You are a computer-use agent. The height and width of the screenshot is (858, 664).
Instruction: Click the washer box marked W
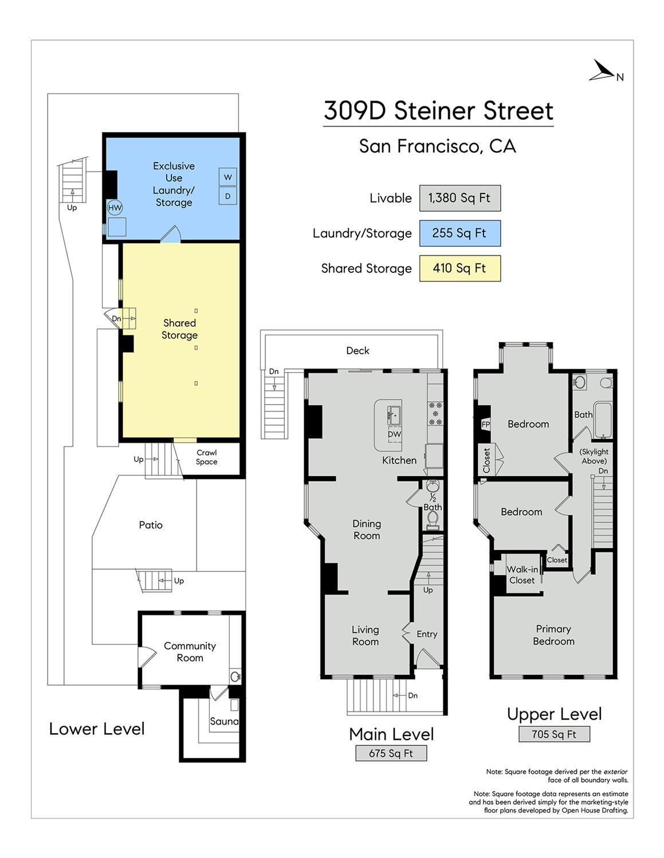tap(227, 177)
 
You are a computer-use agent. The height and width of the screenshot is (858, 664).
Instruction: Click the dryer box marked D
tap(227, 196)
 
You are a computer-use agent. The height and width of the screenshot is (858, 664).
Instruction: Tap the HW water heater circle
tap(115, 208)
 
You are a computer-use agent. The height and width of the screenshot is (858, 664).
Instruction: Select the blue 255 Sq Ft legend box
tap(459, 234)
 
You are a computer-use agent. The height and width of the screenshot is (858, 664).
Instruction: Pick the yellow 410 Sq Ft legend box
tap(459, 268)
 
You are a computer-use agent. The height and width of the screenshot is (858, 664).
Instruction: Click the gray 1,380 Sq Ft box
tap(459, 198)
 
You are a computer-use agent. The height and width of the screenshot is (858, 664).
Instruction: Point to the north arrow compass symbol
tap(605, 72)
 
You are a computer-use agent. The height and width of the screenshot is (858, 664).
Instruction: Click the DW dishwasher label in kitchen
tap(394, 434)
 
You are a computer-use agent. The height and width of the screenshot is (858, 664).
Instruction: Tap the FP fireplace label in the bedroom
tap(485, 424)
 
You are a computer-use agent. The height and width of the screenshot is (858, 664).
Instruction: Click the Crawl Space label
tap(207, 457)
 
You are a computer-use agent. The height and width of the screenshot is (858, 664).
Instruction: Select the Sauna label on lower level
tap(223, 721)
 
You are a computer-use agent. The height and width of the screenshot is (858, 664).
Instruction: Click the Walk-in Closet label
tap(522, 575)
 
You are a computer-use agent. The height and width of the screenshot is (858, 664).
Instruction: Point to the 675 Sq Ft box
tap(391, 753)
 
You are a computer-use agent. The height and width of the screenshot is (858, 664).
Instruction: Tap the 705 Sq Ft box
tap(553, 734)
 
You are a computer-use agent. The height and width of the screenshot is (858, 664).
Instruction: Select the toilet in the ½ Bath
tap(433, 519)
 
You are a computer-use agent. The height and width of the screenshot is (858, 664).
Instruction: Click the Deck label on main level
tap(357, 351)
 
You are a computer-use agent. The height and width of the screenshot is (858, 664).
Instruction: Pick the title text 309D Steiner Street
tap(438, 110)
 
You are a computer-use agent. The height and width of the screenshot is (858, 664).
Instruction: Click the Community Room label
tap(190, 652)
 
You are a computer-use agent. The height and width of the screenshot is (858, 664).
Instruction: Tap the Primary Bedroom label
tap(553, 635)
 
